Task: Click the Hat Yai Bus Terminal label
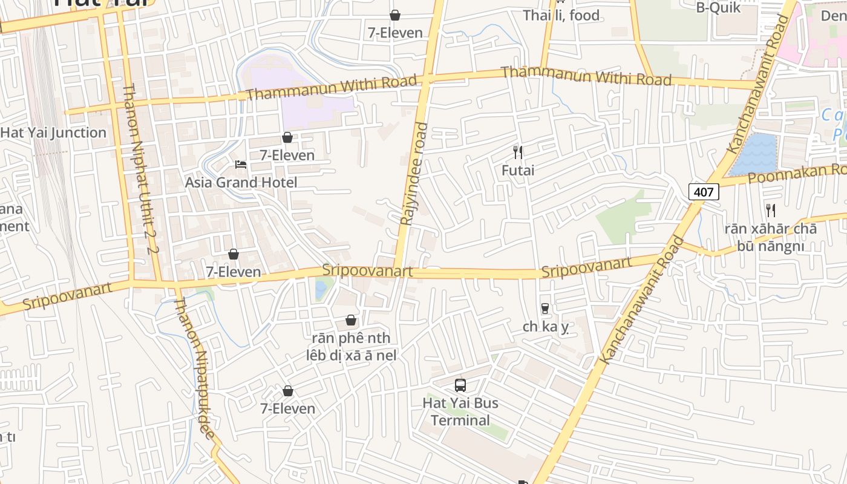click(x=460, y=411)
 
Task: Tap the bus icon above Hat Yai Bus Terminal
click(x=460, y=385)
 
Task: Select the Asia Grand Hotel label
click(x=241, y=182)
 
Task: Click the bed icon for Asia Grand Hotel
click(x=241, y=165)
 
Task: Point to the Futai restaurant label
click(x=518, y=171)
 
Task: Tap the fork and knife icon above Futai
click(x=518, y=152)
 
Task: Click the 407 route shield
click(x=704, y=192)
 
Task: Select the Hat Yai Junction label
click(x=53, y=132)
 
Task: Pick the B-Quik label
click(x=718, y=7)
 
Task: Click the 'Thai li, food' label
click(x=561, y=15)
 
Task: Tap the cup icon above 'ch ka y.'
click(x=545, y=309)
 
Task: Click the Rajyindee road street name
click(x=414, y=174)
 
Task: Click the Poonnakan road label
click(x=793, y=175)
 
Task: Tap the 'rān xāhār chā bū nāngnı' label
click(x=770, y=237)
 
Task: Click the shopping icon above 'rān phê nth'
click(x=351, y=320)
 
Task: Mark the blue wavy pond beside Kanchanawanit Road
click(x=754, y=155)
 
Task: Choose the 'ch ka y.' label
click(x=546, y=327)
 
